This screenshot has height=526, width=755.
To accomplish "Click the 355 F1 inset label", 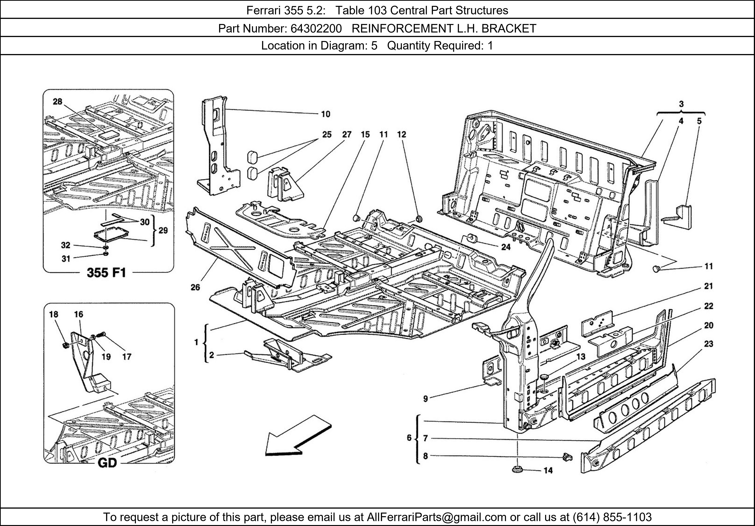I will coord(106,273).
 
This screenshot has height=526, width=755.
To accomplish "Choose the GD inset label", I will coord(107,463).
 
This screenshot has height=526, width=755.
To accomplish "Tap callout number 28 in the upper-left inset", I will coord(58,102).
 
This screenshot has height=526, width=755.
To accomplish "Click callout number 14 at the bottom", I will coord(548,470).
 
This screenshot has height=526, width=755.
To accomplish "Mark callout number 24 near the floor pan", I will coord(505,247).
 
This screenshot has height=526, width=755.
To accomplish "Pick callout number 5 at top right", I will coord(699,121).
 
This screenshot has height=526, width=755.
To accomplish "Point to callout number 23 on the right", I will coord(708,344).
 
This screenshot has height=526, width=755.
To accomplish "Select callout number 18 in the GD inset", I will coord(54,314).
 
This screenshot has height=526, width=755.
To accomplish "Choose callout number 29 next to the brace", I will coord(163,231).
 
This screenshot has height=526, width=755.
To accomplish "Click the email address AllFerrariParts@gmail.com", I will coord(436,517).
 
